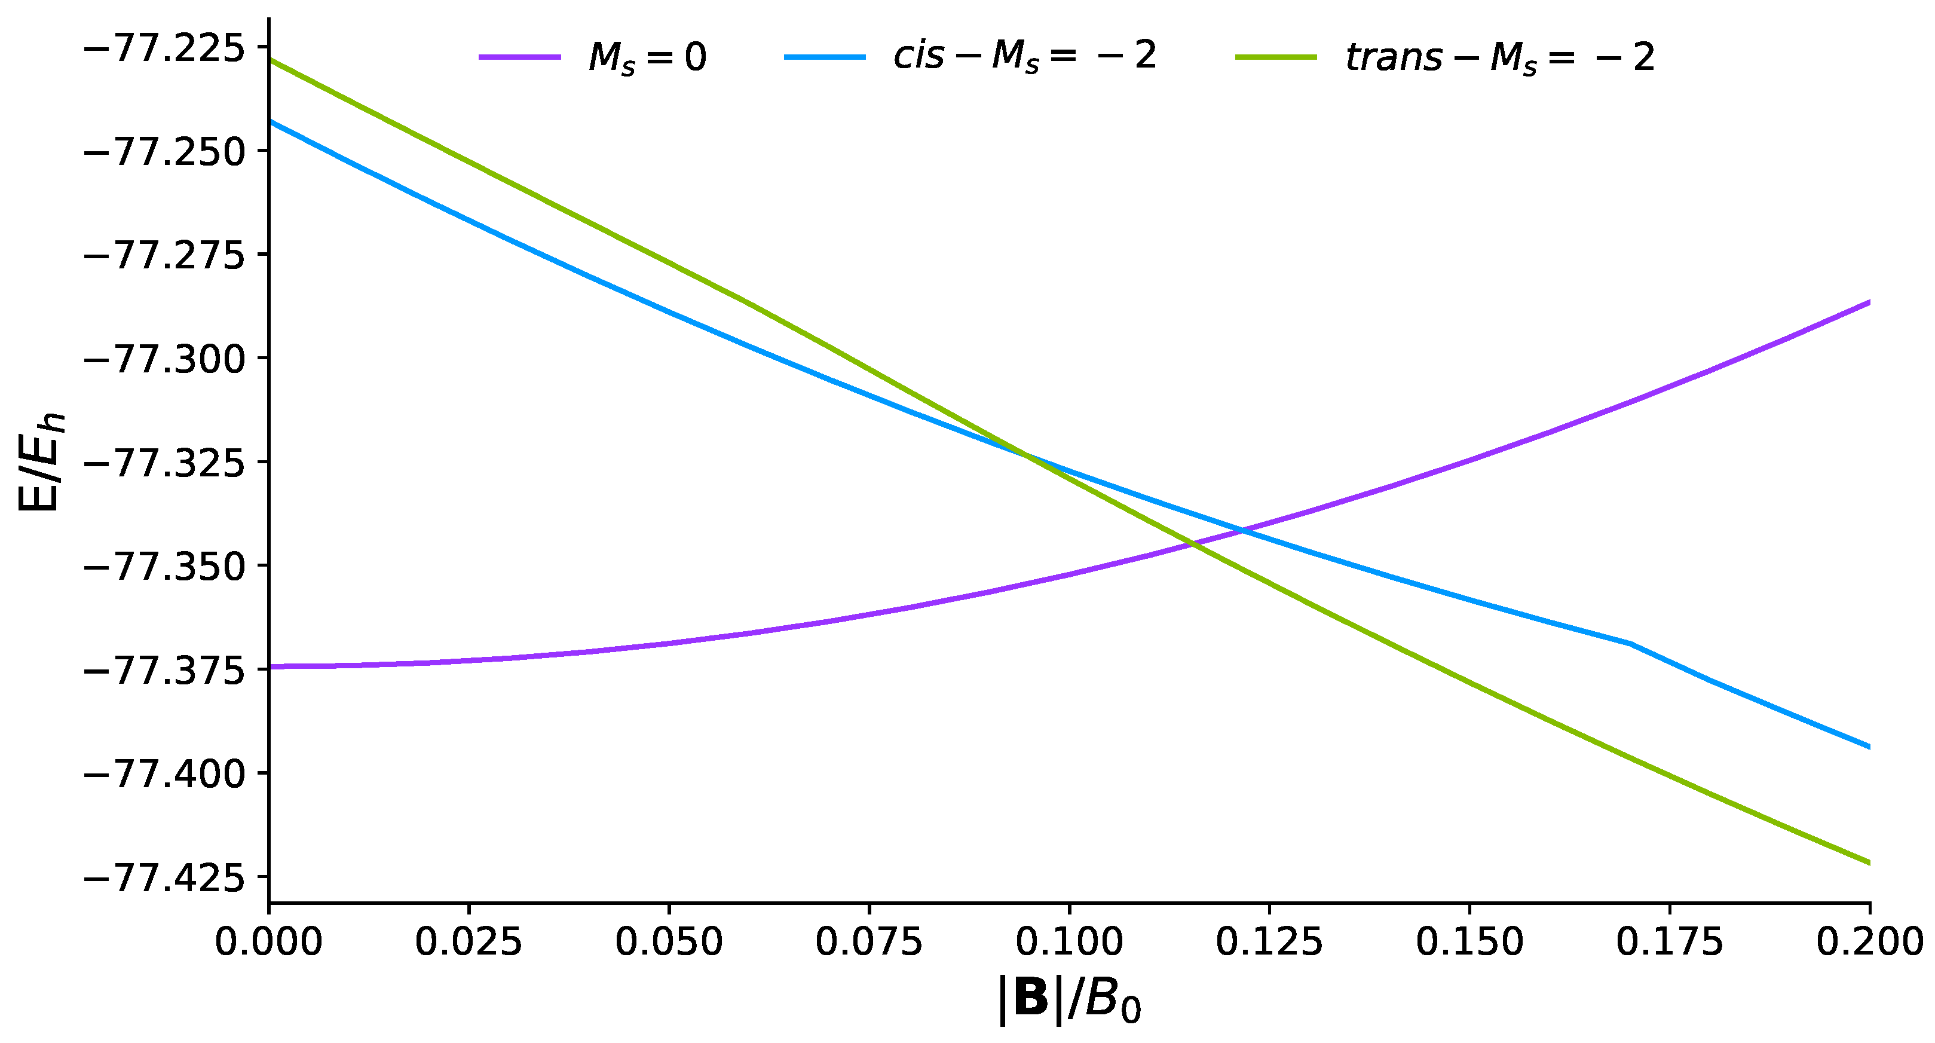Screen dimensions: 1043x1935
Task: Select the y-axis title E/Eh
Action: [41, 462]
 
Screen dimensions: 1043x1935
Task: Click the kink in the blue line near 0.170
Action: [1628, 643]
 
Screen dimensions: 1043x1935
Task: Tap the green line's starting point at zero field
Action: [270, 59]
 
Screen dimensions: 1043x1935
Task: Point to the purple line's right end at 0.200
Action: [1868, 302]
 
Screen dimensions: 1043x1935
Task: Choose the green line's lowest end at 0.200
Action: [1868, 862]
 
